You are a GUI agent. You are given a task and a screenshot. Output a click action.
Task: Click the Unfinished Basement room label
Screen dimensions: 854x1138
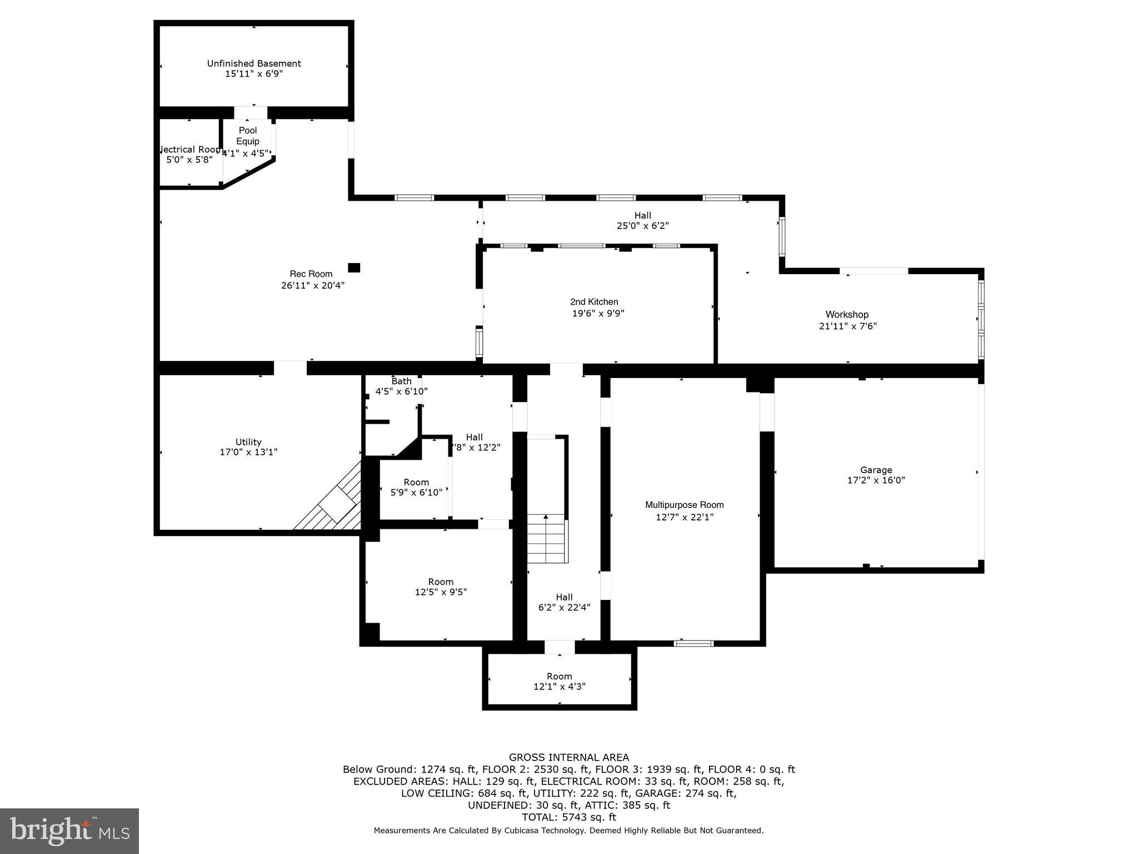(254, 63)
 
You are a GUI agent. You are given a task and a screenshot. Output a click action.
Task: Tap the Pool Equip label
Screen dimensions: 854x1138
(248, 136)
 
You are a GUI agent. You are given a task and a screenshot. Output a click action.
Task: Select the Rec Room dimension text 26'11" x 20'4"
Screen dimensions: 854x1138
(312, 285)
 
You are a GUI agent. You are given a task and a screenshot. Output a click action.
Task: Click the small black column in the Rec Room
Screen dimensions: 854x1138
(354, 267)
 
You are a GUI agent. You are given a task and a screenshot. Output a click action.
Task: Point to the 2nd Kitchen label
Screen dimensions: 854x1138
(594, 302)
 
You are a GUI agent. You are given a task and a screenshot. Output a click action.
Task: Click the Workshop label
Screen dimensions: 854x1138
(846, 315)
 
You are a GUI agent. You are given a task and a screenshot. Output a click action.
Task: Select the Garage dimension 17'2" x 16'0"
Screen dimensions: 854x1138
(876, 480)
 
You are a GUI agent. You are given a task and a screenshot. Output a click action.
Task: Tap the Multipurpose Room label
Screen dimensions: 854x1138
(684, 505)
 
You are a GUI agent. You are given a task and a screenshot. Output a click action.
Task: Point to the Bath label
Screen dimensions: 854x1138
(401, 381)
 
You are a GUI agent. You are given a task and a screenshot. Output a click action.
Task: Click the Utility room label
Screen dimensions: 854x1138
(248, 442)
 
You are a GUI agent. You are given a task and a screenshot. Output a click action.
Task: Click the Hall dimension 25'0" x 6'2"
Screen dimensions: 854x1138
(642, 226)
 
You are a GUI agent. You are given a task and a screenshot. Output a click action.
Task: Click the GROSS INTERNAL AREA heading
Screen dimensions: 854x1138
(569, 757)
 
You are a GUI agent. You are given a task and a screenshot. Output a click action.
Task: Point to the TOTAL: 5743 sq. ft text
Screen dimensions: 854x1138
(569, 817)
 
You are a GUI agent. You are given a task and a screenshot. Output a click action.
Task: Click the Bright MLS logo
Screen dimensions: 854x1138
(69, 831)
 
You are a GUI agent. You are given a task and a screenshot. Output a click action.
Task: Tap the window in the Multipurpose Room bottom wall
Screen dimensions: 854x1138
(693, 643)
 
